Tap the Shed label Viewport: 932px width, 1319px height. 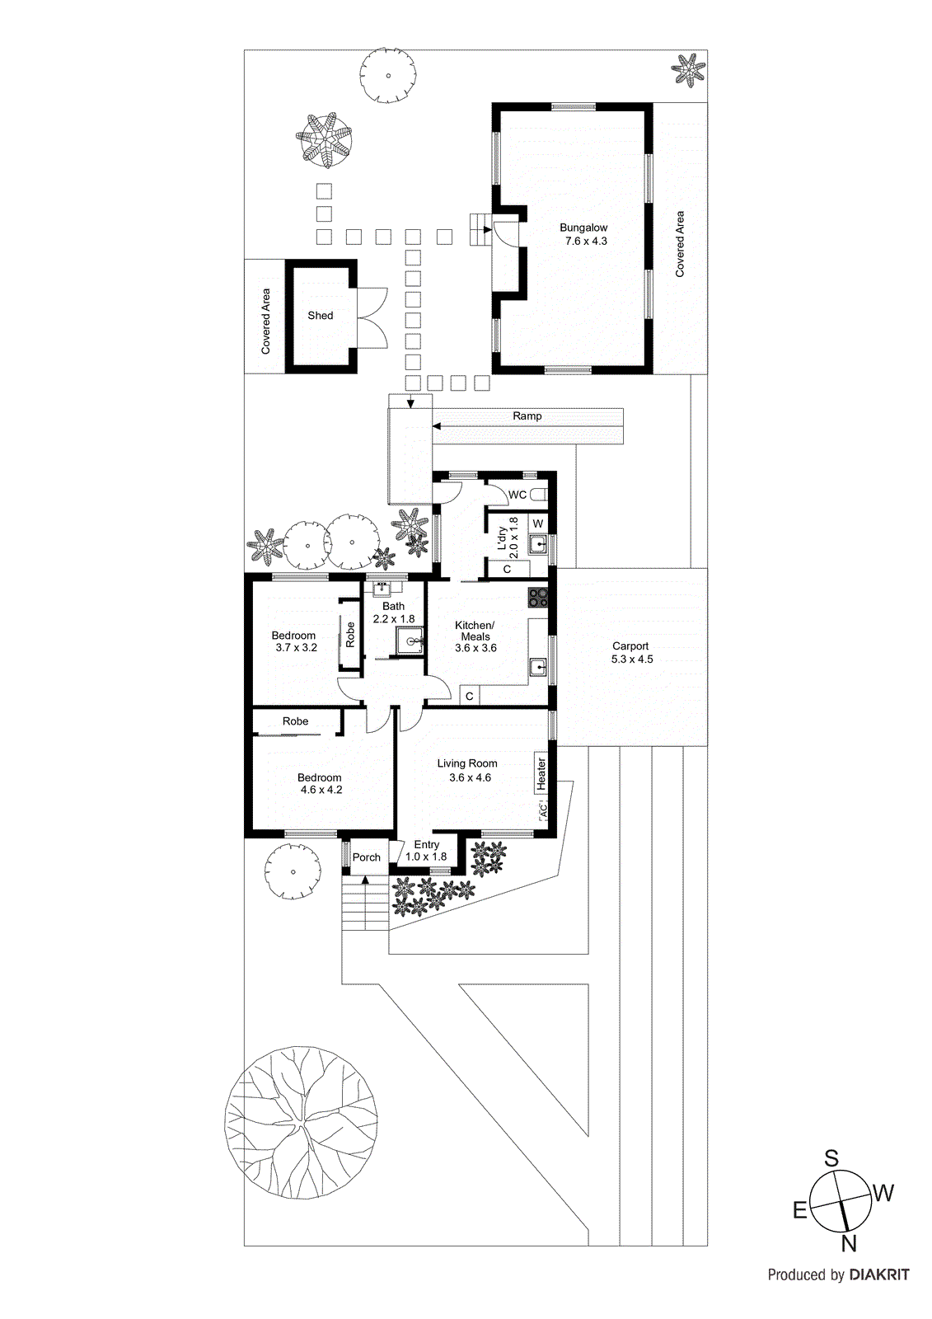[x=321, y=316]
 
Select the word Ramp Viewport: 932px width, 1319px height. [x=527, y=416]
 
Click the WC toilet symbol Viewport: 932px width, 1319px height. [x=539, y=495]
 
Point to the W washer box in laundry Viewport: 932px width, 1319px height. [x=538, y=524]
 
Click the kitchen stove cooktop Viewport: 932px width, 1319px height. [x=538, y=597]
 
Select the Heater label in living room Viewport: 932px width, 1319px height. [x=541, y=774]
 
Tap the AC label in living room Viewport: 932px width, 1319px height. [x=542, y=811]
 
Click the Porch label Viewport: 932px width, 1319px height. [x=367, y=857]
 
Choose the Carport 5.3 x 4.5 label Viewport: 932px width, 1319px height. [x=631, y=653]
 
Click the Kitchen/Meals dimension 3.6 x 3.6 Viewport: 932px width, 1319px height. [x=475, y=648]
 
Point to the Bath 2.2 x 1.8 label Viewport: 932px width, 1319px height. [x=393, y=613]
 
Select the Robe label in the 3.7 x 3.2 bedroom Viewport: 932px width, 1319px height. [x=350, y=634]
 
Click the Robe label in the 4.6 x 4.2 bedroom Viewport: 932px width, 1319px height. [x=295, y=721]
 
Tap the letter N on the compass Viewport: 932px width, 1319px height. [x=848, y=1245]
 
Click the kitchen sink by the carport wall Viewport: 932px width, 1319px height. [x=538, y=666]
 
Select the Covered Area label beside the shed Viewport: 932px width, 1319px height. [x=265, y=321]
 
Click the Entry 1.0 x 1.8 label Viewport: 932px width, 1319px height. [x=426, y=851]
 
